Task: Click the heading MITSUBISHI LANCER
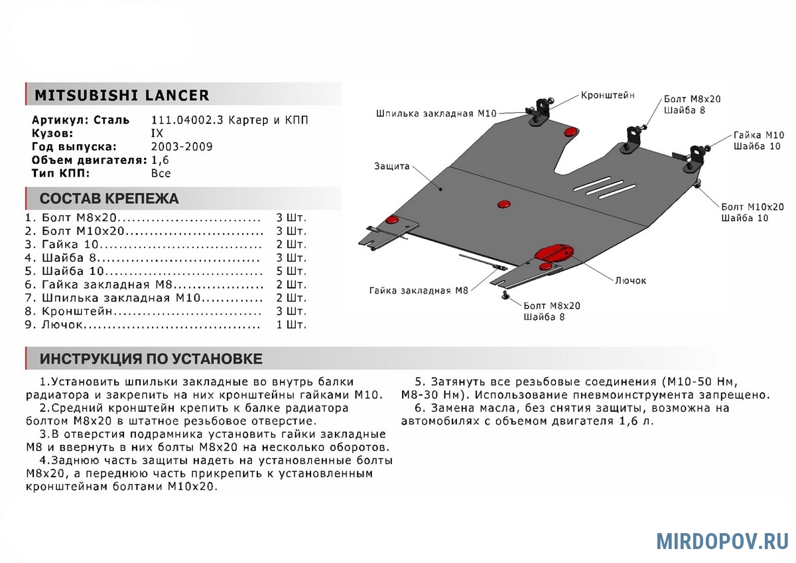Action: pos(121,96)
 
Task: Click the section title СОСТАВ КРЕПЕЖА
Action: pos(109,199)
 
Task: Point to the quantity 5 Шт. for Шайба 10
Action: pos(291,271)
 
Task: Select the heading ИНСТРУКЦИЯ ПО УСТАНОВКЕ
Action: pos(151,359)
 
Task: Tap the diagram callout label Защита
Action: pos(391,166)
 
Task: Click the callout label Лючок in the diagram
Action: pos(631,281)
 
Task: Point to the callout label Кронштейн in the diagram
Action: pos(608,96)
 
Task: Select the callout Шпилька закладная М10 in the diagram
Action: pos(436,114)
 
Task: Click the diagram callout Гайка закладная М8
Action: pos(419,290)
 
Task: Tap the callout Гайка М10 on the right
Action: pos(758,135)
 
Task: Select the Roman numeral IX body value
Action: pos(157,133)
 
